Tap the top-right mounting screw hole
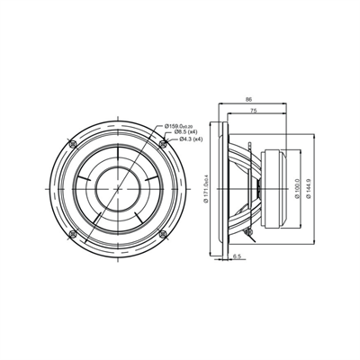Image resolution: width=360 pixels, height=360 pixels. pos(161,144)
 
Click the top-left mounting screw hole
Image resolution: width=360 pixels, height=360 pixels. pos(71,144)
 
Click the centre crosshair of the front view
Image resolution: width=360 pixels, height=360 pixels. pos(116,189)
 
